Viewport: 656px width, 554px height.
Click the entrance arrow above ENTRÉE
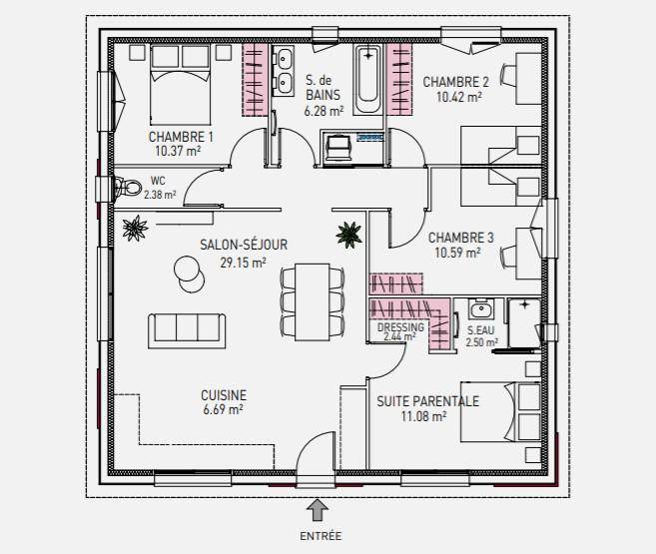coord(318,510)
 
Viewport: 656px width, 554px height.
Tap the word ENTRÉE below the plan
coord(321,536)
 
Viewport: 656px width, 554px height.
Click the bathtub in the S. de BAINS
coord(367,80)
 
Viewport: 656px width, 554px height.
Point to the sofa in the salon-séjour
coord(187,330)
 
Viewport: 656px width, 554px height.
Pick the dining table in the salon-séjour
coord(313,301)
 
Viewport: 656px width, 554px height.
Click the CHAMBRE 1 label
coord(181,137)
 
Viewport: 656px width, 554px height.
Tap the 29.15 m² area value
coord(243,263)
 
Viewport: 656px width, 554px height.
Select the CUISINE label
coord(224,395)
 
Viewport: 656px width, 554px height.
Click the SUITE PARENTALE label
coord(427,401)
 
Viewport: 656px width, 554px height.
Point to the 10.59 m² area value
coord(457,253)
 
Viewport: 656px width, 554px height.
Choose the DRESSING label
coord(400,327)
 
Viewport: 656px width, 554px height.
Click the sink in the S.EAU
coord(480,309)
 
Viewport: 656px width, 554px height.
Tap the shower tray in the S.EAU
coord(524,322)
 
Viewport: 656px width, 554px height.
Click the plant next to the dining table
coord(348,235)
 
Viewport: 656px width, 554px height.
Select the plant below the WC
coord(135,229)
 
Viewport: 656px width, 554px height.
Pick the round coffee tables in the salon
coord(189,275)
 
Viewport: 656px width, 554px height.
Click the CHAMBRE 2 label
coord(455,82)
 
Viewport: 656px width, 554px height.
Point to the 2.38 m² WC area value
coord(160,195)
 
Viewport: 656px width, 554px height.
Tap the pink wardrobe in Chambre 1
coord(255,80)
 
